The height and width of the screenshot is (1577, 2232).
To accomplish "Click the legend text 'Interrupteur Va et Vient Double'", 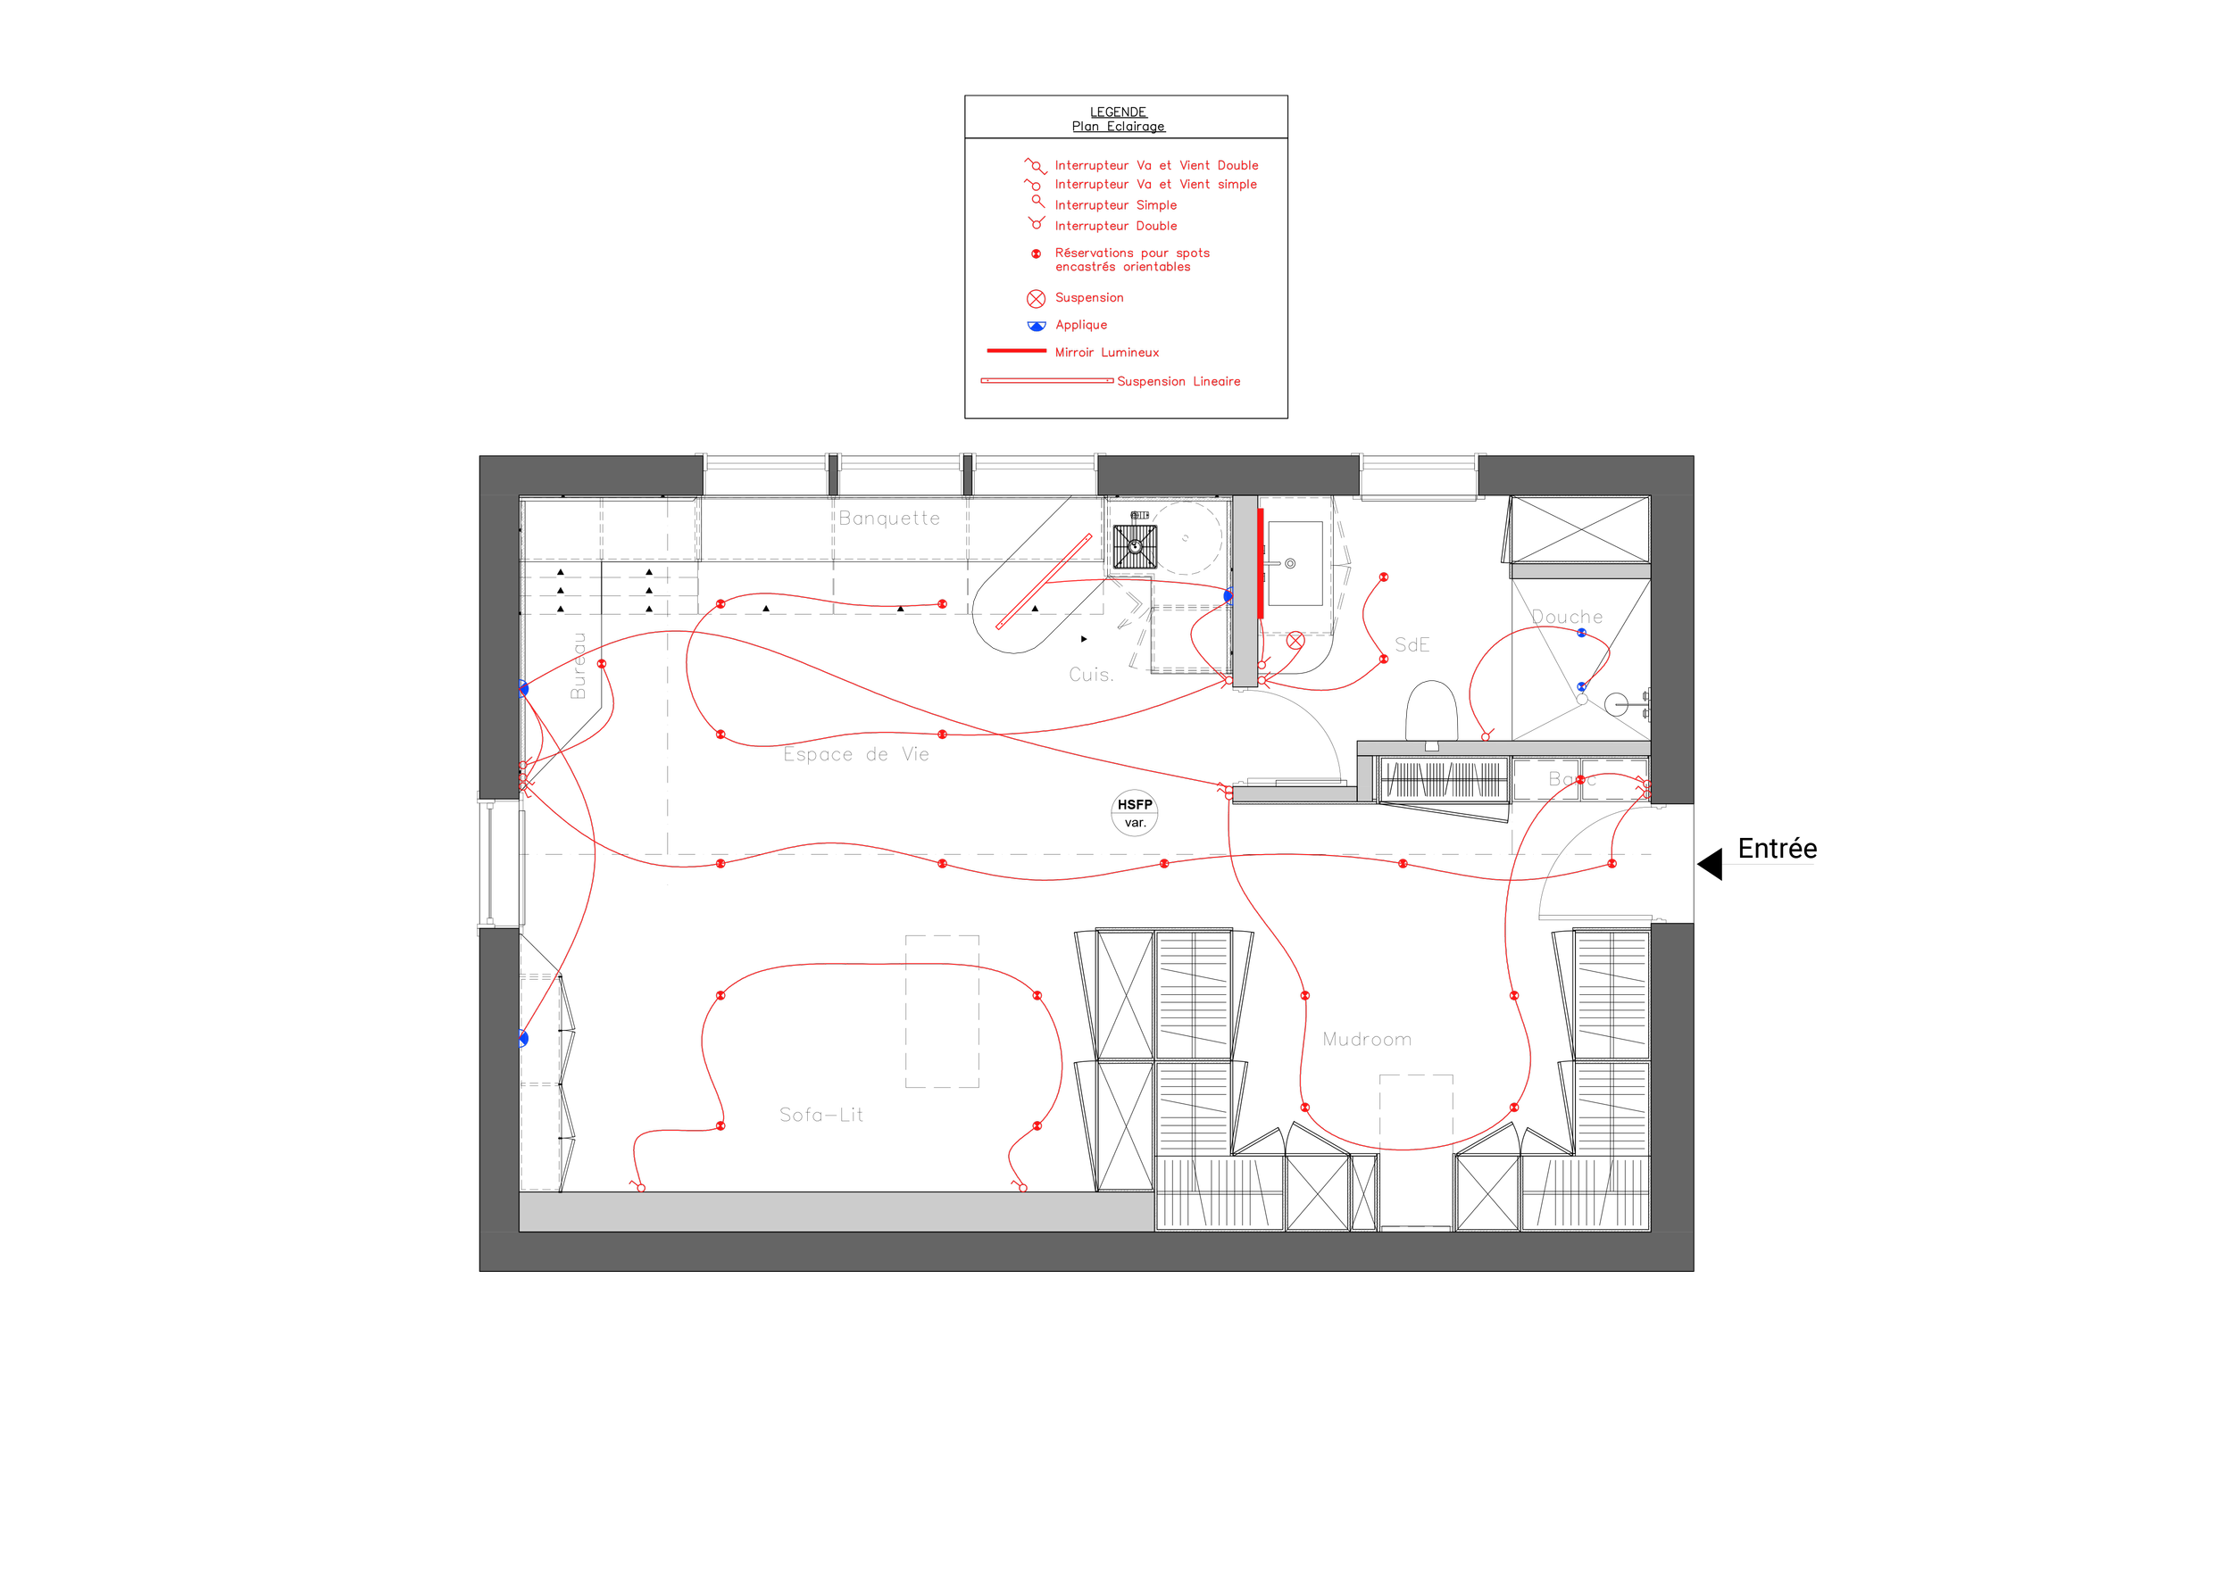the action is pos(1156,166).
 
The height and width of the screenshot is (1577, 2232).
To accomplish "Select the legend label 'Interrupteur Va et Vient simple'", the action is pos(1155,185).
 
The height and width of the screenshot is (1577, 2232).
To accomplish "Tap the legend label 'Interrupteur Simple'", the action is pos(1115,205).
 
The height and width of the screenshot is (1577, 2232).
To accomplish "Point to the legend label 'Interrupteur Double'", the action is pos(1115,227).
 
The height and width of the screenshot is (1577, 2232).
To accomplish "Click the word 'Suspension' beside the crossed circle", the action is pos(1089,298).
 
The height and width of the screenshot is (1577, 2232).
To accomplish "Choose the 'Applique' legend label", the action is pos(1081,326).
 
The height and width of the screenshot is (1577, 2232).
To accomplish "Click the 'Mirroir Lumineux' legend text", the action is pos(1106,353).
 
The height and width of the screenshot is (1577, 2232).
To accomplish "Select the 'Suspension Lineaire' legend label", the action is pos(1178,382).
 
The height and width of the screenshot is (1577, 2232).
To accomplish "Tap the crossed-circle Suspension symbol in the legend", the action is pos(1037,298).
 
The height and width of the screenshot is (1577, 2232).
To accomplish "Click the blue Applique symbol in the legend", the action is pos(1037,326).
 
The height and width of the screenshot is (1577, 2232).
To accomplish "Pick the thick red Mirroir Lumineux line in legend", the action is pos(1016,351).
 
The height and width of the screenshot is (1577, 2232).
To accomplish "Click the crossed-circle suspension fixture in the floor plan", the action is pos(1295,640).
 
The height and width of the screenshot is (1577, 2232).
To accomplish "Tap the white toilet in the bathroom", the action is pos(1431,711).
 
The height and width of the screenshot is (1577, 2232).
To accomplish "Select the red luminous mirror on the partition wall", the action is pos(1260,563).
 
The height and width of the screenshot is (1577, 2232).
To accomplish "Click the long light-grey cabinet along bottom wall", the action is pos(836,1212).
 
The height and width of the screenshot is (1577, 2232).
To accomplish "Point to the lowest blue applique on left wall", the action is pos(523,1039).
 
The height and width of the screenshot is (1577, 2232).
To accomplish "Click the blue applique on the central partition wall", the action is pos(1228,595).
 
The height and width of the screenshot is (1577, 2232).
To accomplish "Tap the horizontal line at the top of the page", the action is pos(1126,94).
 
